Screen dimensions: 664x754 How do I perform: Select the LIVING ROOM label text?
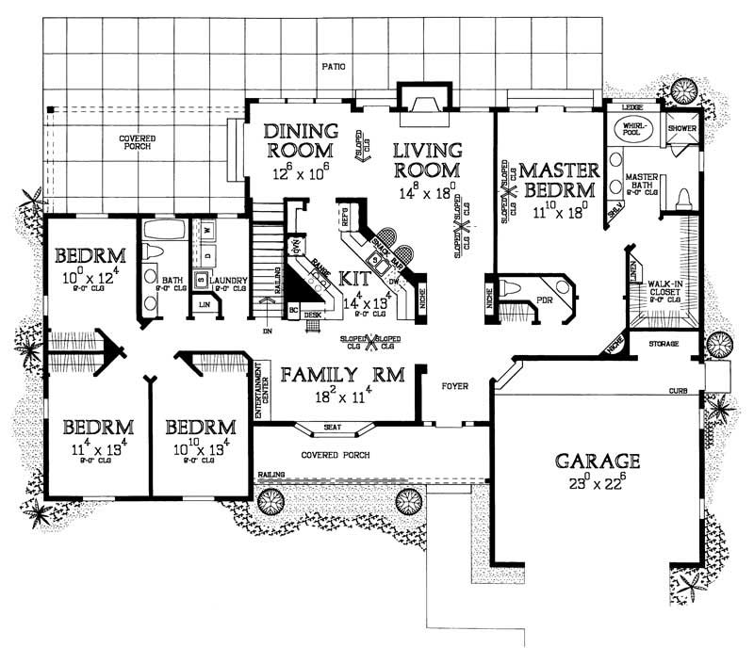(427, 160)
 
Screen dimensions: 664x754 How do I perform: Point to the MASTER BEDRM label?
(559, 178)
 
